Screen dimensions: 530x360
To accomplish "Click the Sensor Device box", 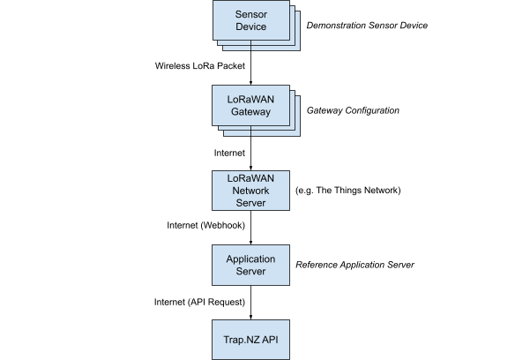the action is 250,20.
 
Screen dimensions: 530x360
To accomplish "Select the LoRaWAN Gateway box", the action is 250,106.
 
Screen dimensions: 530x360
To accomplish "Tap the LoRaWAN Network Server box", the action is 250,191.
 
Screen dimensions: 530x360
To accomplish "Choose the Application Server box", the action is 250,265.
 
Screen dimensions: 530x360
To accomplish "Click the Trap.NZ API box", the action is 250,340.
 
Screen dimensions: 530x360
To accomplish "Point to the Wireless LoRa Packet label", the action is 200,65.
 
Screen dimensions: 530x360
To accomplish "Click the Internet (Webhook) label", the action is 205,225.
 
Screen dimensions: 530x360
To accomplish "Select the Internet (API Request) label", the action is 199,302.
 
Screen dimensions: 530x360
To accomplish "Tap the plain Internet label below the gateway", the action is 229,153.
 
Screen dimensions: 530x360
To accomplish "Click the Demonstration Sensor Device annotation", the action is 367,26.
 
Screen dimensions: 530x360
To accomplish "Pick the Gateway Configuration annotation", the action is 353,110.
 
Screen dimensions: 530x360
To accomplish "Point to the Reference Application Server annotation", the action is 355,265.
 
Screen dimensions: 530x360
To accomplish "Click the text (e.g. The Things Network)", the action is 348,191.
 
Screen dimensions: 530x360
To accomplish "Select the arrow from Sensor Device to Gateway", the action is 250,63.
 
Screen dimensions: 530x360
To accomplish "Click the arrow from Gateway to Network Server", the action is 250,148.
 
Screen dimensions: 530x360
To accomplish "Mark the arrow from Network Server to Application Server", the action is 250,228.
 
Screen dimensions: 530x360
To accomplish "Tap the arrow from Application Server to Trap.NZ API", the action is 250,303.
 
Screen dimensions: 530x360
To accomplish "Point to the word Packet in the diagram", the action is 231,65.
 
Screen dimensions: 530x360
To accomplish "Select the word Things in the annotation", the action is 347,191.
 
